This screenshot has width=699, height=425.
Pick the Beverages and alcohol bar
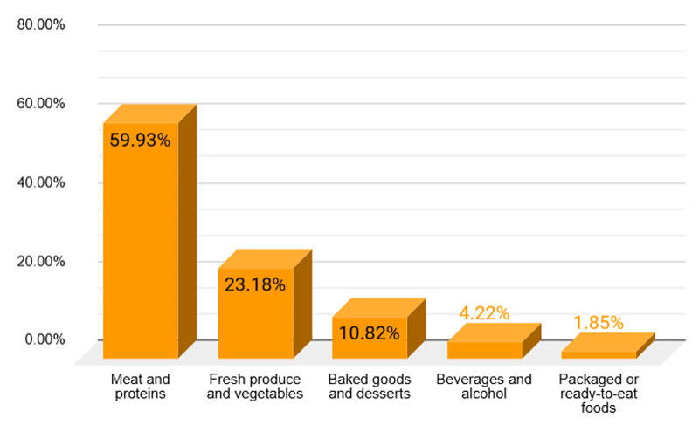click(x=484, y=349)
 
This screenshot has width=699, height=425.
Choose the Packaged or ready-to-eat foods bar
click(x=599, y=354)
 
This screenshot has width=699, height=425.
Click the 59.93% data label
click(x=140, y=140)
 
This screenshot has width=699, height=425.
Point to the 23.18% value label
click(x=255, y=284)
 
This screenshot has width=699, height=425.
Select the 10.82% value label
click(x=370, y=332)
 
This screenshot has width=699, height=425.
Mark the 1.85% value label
click(x=599, y=322)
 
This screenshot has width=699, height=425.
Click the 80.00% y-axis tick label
click(x=41, y=24)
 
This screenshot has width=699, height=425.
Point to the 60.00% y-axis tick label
click(x=41, y=103)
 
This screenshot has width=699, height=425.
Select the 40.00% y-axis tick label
click(x=41, y=182)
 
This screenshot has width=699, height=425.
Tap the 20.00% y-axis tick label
click(x=41, y=261)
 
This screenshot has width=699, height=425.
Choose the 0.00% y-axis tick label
click(x=44, y=339)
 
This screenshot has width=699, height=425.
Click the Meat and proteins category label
click(x=140, y=387)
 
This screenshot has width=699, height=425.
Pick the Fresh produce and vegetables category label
click(x=255, y=387)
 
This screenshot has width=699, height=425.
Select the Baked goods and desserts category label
click(x=369, y=387)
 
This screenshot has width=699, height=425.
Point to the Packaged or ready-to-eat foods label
click(x=599, y=393)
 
